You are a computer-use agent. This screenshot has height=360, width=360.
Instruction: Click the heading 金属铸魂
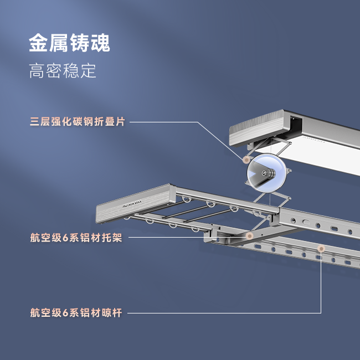(x=69, y=43)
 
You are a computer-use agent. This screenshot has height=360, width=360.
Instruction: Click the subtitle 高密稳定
(x=63, y=71)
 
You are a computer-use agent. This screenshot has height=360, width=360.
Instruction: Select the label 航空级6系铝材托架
(x=76, y=238)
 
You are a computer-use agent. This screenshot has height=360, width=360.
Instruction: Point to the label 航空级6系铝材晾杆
(x=76, y=313)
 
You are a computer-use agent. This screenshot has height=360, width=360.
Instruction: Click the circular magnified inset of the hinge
(x=266, y=173)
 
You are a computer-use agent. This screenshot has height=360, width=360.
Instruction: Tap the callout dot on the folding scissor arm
(x=245, y=160)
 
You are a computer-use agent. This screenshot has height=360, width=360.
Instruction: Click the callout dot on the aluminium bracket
(x=250, y=236)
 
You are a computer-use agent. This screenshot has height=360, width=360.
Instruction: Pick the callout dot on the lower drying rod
(x=321, y=249)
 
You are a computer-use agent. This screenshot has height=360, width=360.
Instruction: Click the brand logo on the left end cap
(x=132, y=203)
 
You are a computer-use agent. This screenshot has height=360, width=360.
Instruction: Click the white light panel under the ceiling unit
(x=327, y=150)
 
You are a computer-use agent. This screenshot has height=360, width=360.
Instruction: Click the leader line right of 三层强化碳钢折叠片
(x=166, y=122)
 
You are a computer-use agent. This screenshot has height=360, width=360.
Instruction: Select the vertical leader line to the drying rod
(x=321, y=282)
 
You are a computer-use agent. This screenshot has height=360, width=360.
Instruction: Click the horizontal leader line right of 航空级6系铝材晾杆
(x=222, y=313)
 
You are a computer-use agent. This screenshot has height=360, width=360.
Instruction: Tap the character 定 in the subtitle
(x=88, y=71)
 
